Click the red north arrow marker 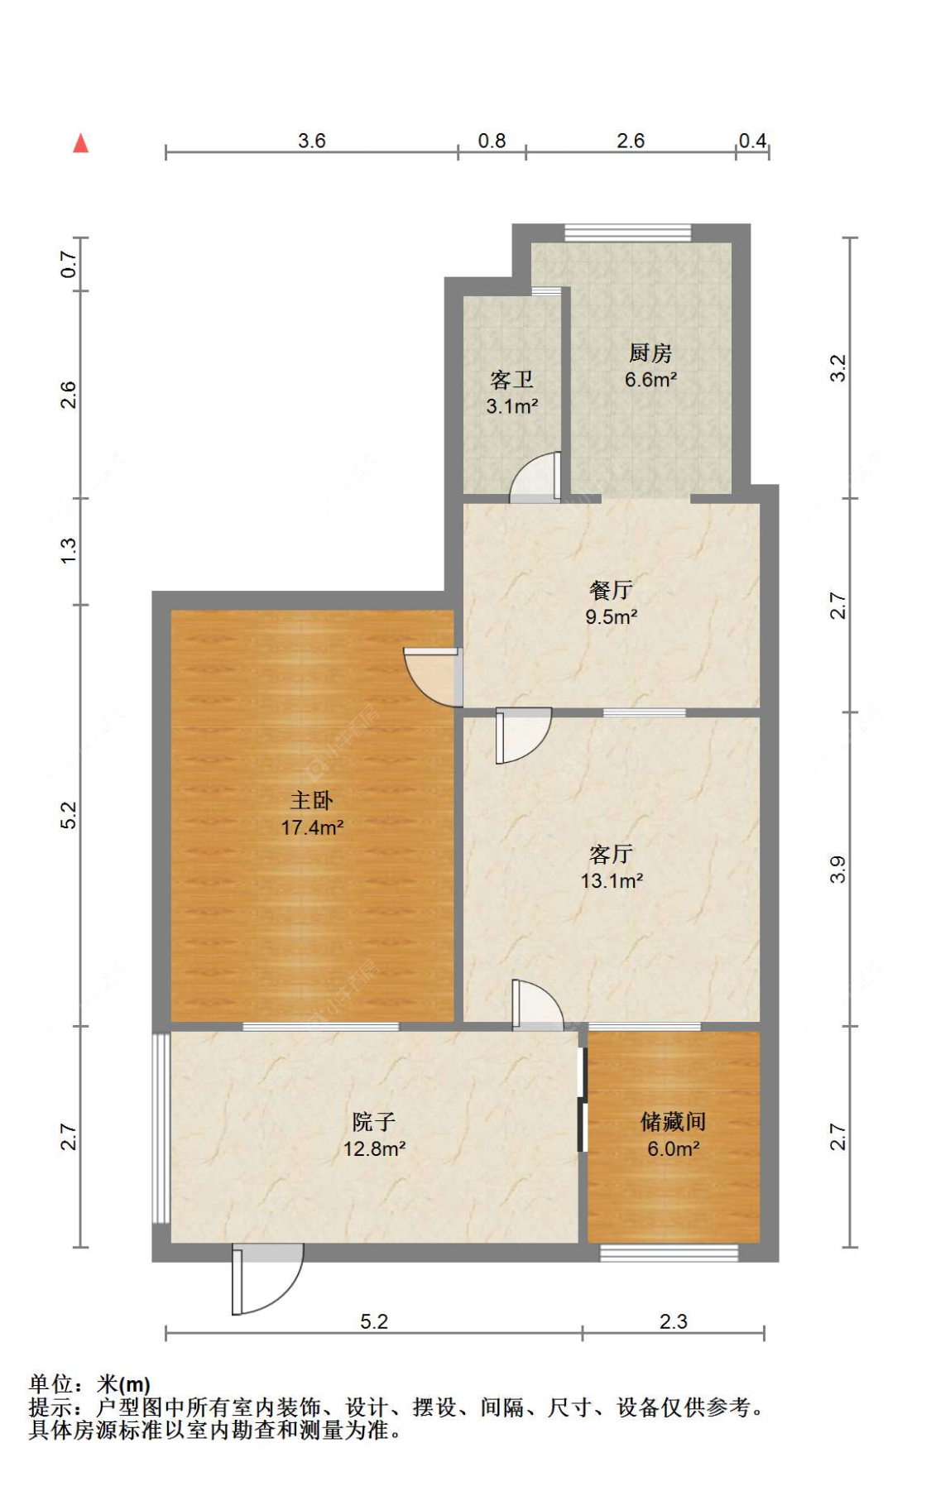(x=80, y=143)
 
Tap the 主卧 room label (x=311, y=799)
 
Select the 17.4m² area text (x=312, y=827)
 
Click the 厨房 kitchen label (x=650, y=353)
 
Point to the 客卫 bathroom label (x=511, y=380)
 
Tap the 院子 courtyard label (x=373, y=1121)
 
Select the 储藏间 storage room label (x=673, y=1121)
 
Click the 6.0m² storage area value (x=673, y=1148)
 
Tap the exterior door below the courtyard (x=266, y=1278)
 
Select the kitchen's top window (x=627, y=232)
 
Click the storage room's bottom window (x=669, y=1253)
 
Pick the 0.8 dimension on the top (x=492, y=141)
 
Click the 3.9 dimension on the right (x=837, y=869)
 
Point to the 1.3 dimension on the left (x=68, y=551)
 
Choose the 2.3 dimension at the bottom (x=673, y=1321)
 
